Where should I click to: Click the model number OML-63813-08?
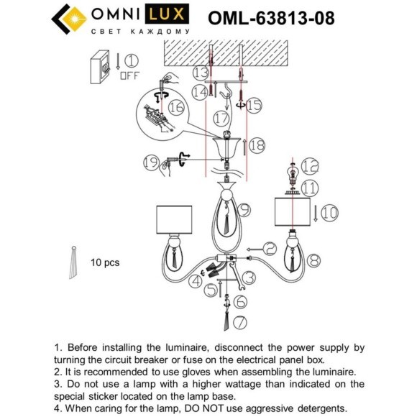(270, 18)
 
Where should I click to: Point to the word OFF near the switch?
(130, 75)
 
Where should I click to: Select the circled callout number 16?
(177, 106)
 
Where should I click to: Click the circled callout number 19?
(149, 163)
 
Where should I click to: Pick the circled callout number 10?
(329, 212)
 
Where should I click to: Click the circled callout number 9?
(244, 209)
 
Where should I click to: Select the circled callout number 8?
(313, 261)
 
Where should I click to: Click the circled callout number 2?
(269, 248)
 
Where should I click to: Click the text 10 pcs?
(105, 263)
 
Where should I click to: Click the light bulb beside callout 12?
(293, 173)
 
